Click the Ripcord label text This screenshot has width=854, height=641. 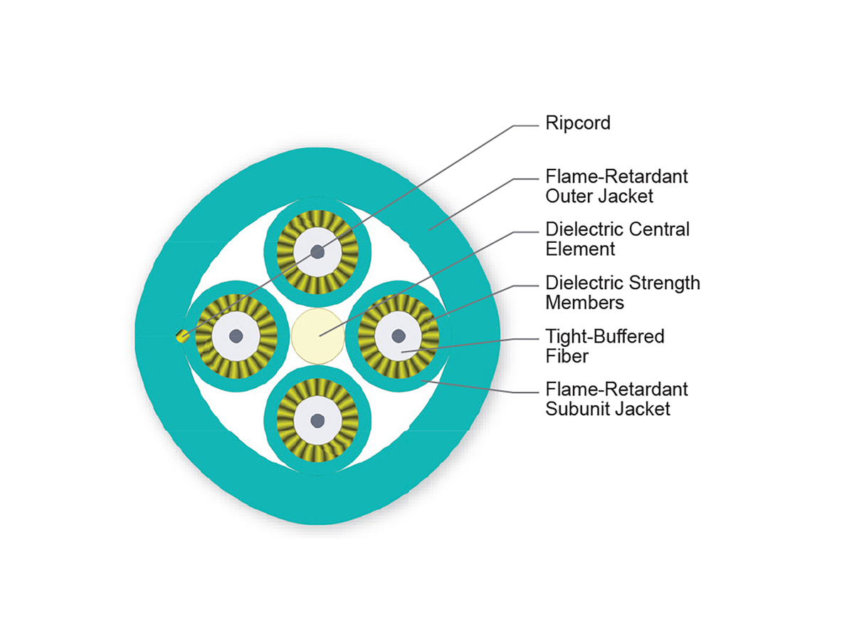(577, 123)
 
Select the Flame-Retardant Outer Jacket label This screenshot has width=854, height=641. (616, 185)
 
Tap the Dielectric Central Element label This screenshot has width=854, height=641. (617, 239)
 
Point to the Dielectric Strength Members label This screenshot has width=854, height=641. (622, 292)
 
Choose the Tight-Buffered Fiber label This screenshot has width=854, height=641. (604, 345)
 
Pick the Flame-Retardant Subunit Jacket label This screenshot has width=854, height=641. (616, 399)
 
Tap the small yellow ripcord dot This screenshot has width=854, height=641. (182, 336)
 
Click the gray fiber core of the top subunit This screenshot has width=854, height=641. (317, 252)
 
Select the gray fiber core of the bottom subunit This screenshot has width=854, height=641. (317, 420)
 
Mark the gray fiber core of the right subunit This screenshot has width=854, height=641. (399, 335)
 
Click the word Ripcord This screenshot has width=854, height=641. (577, 123)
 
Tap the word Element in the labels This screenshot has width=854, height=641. (580, 249)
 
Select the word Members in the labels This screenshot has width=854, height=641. (584, 302)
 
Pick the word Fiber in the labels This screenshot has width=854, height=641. (566, 355)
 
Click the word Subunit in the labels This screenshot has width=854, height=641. (575, 409)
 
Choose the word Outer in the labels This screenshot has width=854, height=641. (565, 195)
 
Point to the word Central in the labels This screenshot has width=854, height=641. (660, 229)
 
